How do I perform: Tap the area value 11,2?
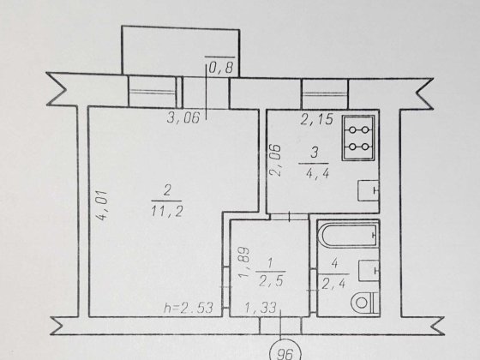pyautogui.click(x=167, y=211)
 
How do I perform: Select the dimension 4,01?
pyautogui.click(x=101, y=206)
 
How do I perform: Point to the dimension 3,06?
pyautogui.click(x=183, y=117)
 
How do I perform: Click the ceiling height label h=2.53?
pyautogui.click(x=189, y=308)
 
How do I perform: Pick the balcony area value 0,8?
pyautogui.click(x=221, y=68)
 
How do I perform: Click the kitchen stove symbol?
pyautogui.click(x=358, y=138)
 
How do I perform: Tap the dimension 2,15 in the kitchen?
pyautogui.click(x=316, y=119)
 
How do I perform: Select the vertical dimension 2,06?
pyautogui.click(x=275, y=159)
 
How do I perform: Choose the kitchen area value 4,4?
pyautogui.click(x=317, y=173)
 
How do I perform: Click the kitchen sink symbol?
pyautogui.click(x=369, y=190)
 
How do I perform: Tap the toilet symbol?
pyautogui.click(x=364, y=303)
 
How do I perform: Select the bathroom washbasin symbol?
pyautogui.click(x=369, y=270)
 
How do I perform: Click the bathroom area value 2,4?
pyautogui.click(x=333, y=284)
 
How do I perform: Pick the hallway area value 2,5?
pyautogui.click(x=271, y=281)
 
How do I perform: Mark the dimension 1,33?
pyautogui.click(x=261, y=308)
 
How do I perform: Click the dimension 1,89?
pyautogui.click(x=244, y=262)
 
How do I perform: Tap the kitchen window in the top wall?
pyautogui.click(x=325, y=94)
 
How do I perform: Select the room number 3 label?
pyautogui.click(x=315, y=153)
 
